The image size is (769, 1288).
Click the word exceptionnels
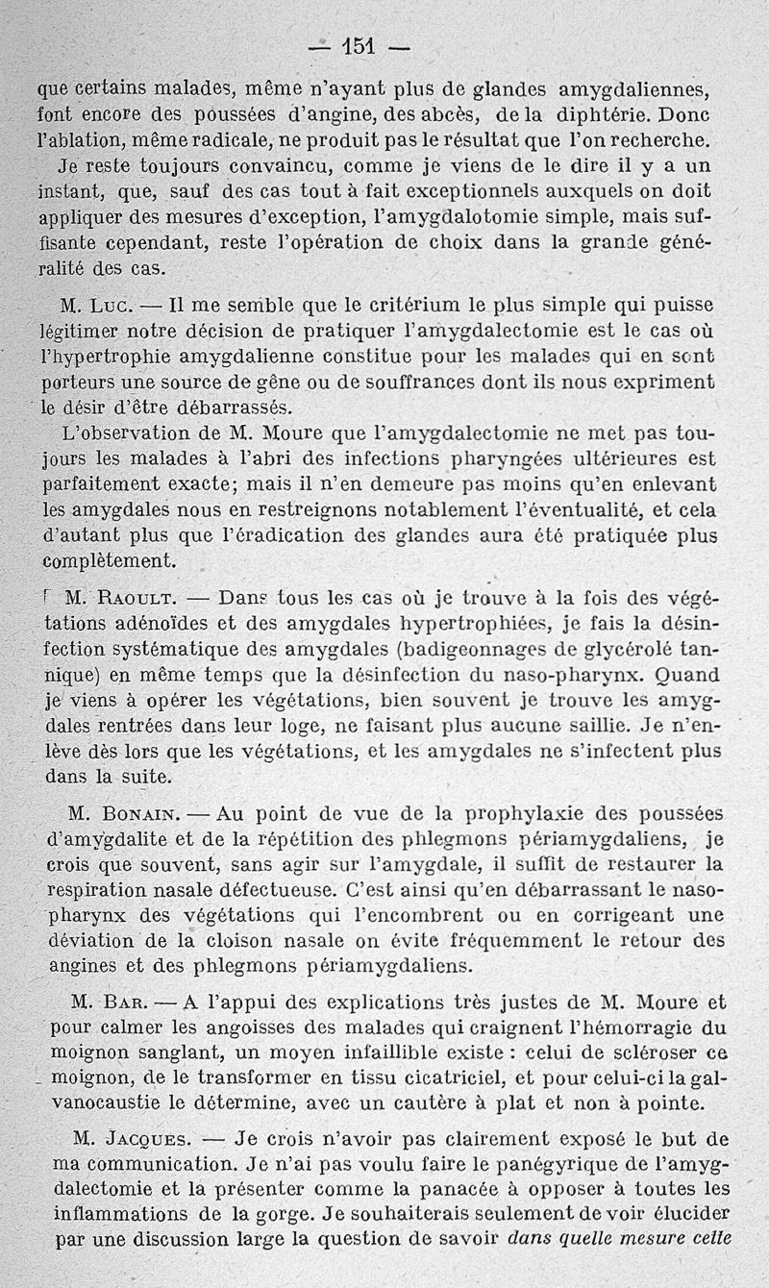click(477, 192)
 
